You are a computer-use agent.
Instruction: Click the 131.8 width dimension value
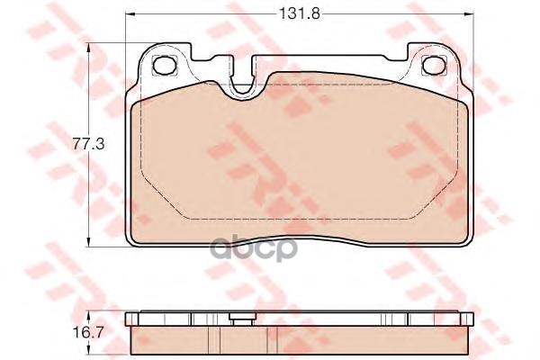(x=299, y=13)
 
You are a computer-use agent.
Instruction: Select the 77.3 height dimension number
(x=88, y=144)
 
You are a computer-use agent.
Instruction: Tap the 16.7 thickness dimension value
(x=88, y=332)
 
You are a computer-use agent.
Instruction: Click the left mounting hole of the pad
(x=164, y=65)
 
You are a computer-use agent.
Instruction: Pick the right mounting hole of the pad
(x=434, y=65)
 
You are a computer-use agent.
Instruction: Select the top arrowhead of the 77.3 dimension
(x=89, y=48)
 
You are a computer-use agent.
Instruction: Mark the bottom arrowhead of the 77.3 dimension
(x=89, y=242)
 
